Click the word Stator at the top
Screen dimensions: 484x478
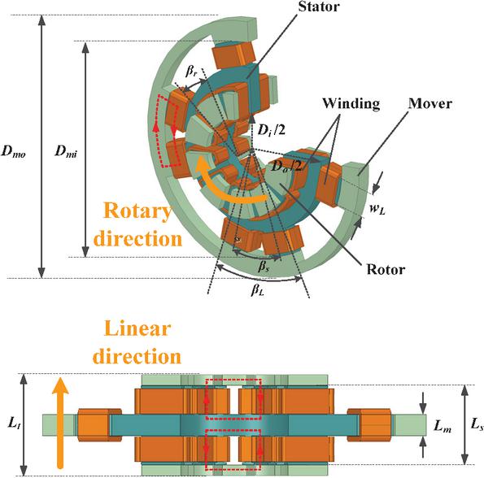[319, 7]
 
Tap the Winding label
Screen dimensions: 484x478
[351, 103]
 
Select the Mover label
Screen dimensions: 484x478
[430, 103]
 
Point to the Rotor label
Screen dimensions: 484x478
[386, 269]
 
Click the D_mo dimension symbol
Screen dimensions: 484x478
[14, 151]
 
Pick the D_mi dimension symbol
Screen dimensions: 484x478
[66, 151]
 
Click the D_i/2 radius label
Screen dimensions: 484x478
[271, 130]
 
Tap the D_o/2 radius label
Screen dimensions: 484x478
[286, 167]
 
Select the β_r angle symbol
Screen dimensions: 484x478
[191, 72]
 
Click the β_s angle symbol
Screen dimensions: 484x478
[264, 266]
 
